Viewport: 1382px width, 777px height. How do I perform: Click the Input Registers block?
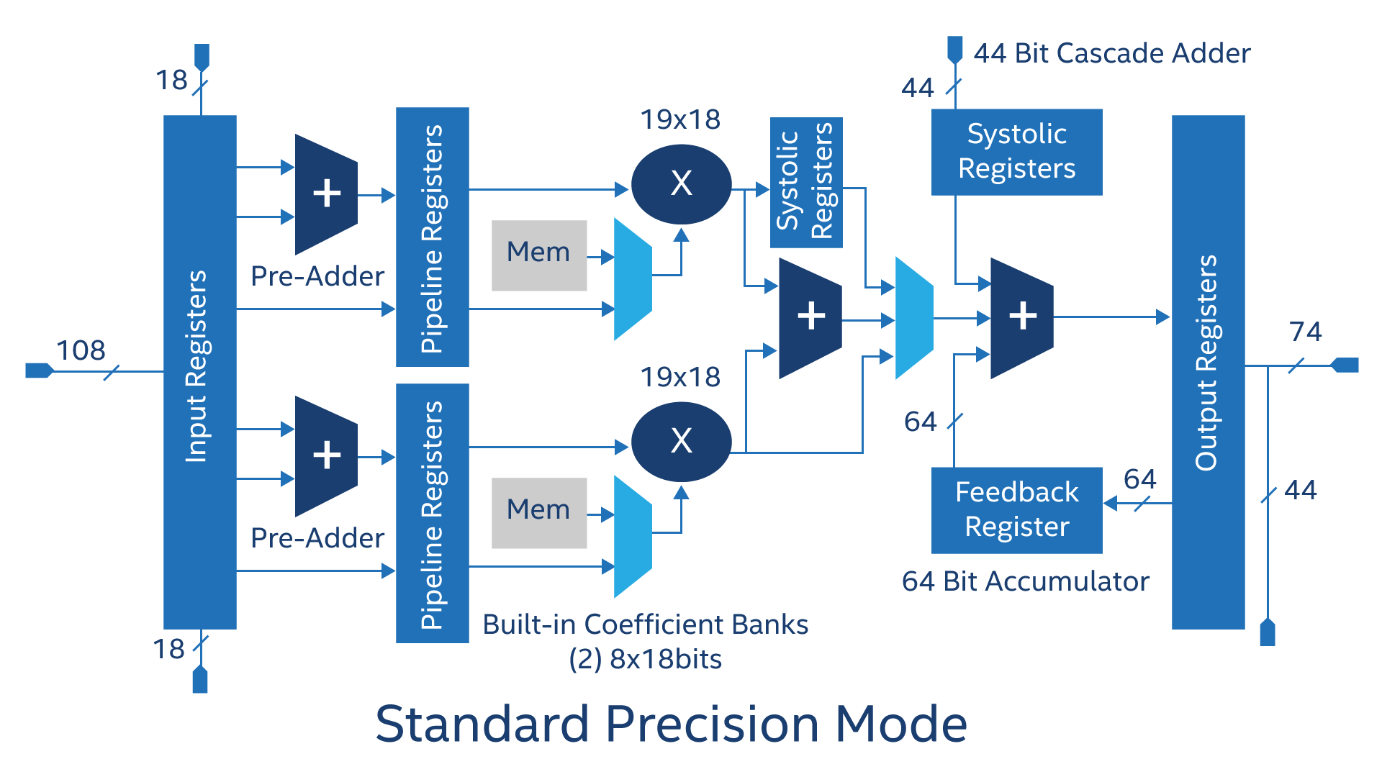[199, 372]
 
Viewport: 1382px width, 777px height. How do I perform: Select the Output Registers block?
[1208, 372]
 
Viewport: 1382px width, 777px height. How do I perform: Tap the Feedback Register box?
[1016, 510]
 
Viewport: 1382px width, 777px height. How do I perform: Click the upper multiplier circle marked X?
[681, 184]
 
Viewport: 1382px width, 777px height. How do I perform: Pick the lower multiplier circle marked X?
[681, 441]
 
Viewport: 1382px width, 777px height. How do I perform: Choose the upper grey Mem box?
[538, 255]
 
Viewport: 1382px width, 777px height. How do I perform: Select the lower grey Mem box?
[538, 512]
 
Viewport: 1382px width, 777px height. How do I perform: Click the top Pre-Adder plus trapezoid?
[326, 194]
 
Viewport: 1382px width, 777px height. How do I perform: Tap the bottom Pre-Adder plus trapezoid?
[326, 455]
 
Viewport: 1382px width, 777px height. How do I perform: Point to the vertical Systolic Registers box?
[805, 183]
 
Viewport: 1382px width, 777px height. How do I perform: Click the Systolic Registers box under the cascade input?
[1016, 152]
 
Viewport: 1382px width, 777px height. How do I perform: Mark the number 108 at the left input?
[81, 350]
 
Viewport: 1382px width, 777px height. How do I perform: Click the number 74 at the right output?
[1305, 332]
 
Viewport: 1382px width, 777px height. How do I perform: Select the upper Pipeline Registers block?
[432, 237]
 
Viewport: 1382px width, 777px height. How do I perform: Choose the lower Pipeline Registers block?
[432, 513]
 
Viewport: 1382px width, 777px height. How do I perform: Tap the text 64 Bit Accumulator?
[1025, 581]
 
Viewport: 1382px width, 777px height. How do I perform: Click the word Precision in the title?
[712, 724]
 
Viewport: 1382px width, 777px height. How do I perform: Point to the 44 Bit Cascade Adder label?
[1112, 53]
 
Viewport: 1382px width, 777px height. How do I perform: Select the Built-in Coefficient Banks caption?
[645, 624]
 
